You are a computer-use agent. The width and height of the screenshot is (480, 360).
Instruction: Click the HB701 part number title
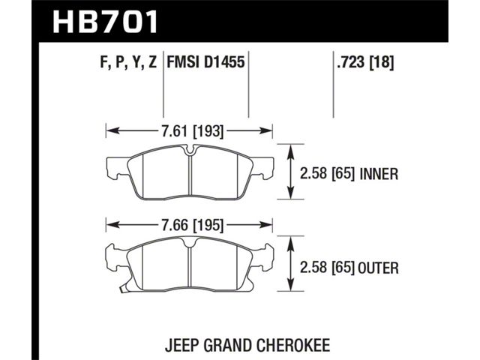point(105,22)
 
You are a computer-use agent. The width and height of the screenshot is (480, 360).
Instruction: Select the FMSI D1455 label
point(205,62)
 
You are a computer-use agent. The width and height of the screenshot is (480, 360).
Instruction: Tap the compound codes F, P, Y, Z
point(128,63)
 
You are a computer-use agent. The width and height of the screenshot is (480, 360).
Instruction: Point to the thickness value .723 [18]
point(365,62)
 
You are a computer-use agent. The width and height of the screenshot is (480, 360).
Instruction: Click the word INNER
point(379,174)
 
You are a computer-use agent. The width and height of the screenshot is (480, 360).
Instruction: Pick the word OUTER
point(378,268)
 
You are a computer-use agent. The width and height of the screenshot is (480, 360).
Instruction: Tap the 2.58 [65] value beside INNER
point(327,174)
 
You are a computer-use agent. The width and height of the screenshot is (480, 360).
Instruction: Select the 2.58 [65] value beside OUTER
point(327,268)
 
